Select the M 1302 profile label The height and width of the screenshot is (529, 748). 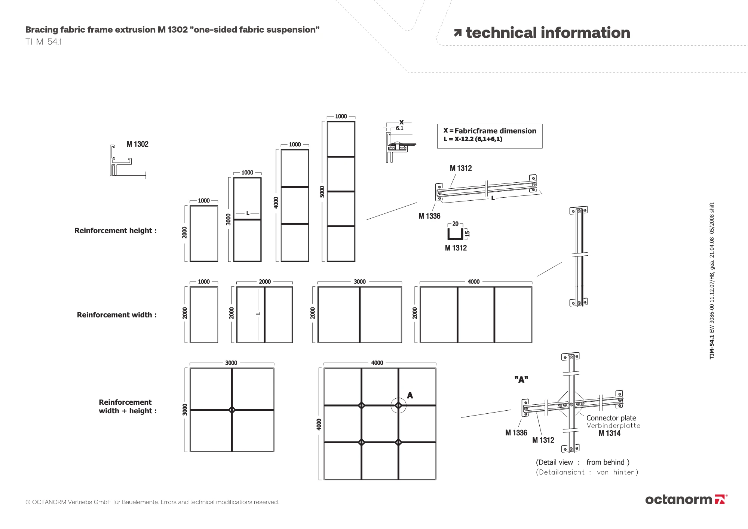137,144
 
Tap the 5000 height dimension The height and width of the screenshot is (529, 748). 322,191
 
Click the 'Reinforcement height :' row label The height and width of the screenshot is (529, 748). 116,231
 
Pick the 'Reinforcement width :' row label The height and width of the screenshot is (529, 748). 117,315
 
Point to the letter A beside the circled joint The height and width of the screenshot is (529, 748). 410,395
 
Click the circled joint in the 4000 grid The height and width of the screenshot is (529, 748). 398,405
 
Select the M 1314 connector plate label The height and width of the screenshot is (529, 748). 609,433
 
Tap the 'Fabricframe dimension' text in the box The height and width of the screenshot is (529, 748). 495,131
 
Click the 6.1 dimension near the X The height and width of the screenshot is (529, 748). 399,128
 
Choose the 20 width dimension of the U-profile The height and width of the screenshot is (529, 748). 455,224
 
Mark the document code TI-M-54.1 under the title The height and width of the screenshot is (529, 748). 43,42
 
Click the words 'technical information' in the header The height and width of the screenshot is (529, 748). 548,33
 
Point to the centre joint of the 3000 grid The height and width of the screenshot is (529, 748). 232,410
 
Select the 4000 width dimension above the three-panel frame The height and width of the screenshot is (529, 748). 473,282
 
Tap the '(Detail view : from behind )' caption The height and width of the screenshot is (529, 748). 583,462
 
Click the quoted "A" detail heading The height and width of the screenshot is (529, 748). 521,380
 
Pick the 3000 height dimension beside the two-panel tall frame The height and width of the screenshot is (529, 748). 228,219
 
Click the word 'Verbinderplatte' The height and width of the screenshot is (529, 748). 613,426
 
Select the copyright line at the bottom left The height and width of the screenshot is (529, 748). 152,502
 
